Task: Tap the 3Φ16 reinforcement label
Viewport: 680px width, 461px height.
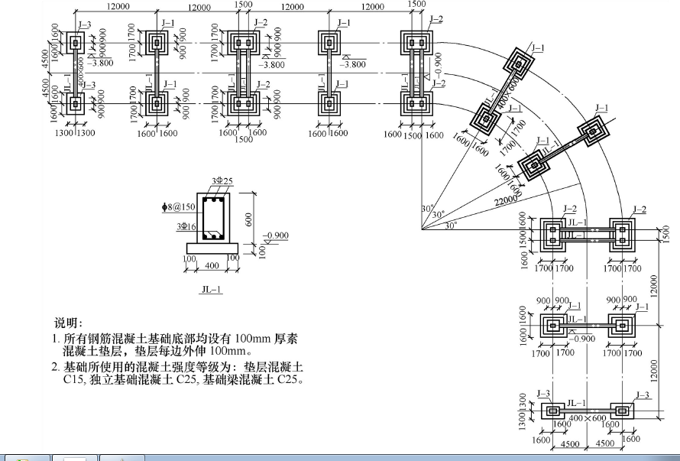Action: [x=186, y=227]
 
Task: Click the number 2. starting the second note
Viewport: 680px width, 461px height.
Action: [x=56, y=367]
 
